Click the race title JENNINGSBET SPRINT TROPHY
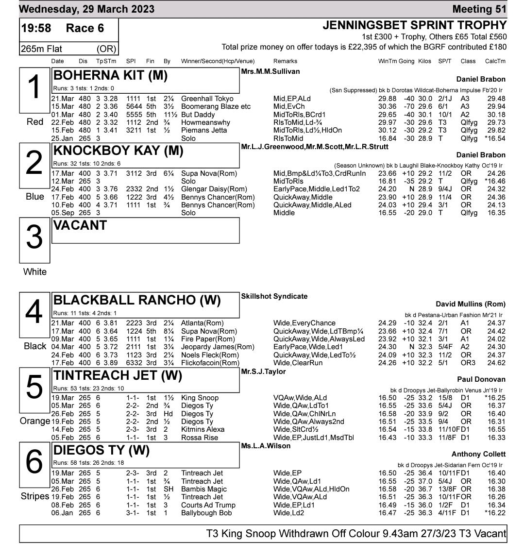pyautogui.click(x=414, y=26)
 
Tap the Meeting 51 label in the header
pyautogui.click(x=479, y=9)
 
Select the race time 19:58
pyautogui.click(x=36, y=28)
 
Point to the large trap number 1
pyautogui.click(x=34, y=88)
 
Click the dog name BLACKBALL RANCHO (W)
pyautogui.click(x=136, y=300)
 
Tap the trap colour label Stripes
pyautogui.click(x=35, y=496)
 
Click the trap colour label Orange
pyautogui.click(x=35, y=421)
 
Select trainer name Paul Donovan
pyautogui.click(x=481, y=379)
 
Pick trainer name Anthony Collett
pyautogui.click(x=478, y=454)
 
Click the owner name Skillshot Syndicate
pyautogui.click(x=274, y=296)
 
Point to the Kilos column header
pyautogui.click(x=424, y=61)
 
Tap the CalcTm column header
pyautogui.click(x=495, y=61)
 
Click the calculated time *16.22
pyautogui.click(x=495, y=513)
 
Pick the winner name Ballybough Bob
pyautogui.click(x=206, y=513)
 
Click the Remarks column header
pyautogui.click(x=285, y=61)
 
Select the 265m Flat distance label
pyautogui.click(x=41, y=49)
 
